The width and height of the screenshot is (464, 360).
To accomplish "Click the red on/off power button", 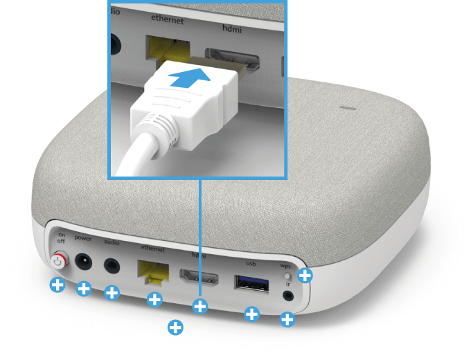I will click(x=59, y=262).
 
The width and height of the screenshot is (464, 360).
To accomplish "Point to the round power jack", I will click(x=84, y=262).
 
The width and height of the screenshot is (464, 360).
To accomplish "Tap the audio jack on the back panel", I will click(x=111, y=266).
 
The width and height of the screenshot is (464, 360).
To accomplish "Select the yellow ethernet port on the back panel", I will click(x=154, y=271).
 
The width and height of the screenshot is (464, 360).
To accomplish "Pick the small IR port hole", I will click(x=288, y=296).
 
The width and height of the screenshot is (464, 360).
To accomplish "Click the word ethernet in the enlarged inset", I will click(x=167, y=21).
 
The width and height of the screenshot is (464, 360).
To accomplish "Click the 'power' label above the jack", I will click(x=83, y=238).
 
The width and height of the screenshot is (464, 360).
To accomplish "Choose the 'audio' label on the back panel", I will click(x=111, y=242).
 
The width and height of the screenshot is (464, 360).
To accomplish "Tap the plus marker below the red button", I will click(x=57, y=285).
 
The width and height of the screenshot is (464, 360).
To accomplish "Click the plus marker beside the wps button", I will click(x=304, y=276).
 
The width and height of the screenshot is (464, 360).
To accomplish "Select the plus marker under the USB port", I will click(x=252, y=314).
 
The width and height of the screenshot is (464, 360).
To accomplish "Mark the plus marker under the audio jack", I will click(x=112, y=293).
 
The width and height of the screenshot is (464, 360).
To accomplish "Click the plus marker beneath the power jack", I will click(x=83, y=289).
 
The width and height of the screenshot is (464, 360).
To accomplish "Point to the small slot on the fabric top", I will click(x=347, y=108).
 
